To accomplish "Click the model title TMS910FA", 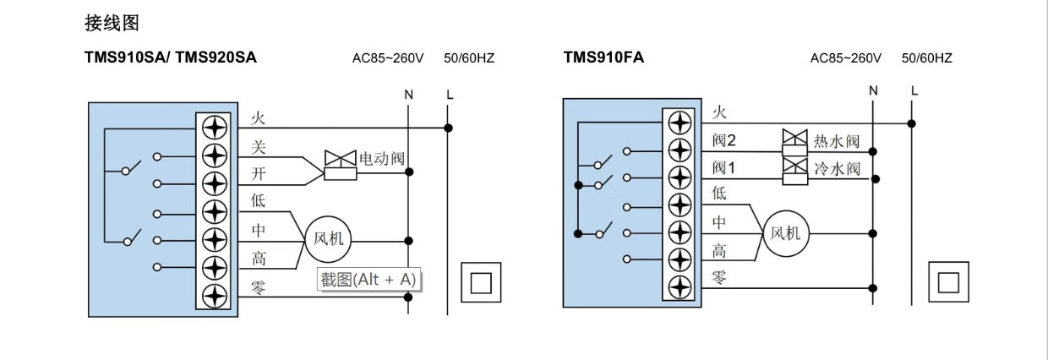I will tap(603, 57).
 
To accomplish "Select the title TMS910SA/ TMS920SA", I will tap(171, 57).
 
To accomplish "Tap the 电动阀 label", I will tap(383, 158).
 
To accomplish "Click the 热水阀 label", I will tap(837, 141).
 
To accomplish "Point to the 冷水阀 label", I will tap(837, 169).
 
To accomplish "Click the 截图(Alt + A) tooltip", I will tap(368, 280).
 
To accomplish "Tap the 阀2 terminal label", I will tap(725, 139).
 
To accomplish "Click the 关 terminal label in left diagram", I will tap(259, 147).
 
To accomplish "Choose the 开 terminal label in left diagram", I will tap(259, 175).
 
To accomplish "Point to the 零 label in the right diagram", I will tap(718, 278).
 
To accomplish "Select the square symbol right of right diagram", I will tap(948, 281).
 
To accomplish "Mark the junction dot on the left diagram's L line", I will tap(449, 128).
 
